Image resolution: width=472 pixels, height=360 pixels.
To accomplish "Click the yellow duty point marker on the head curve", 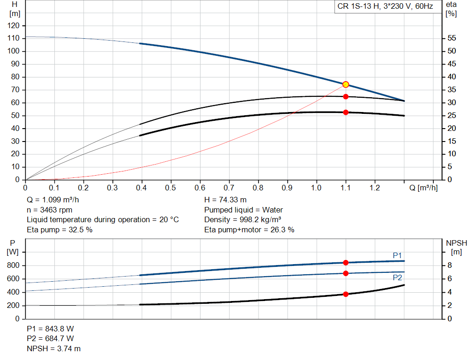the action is pos(346,84).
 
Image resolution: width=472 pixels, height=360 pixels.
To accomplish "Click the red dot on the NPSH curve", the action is pos(346,294).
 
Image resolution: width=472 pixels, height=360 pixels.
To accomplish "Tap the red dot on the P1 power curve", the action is pos(346,263).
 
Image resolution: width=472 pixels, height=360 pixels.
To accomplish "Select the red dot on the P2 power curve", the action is pos(346,273).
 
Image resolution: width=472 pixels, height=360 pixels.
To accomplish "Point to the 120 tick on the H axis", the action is pos(13,26).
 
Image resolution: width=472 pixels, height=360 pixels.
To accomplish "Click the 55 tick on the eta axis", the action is pos(452,38).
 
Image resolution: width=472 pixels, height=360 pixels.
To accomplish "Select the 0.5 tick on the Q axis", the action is pos(171,188).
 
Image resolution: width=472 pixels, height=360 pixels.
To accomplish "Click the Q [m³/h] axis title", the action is pos(424,188).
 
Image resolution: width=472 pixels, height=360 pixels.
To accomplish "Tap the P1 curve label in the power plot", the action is pos(397,255).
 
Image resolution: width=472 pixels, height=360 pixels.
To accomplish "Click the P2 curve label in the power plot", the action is pos(397,277).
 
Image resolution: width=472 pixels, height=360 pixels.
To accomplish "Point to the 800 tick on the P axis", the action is pos(13,265).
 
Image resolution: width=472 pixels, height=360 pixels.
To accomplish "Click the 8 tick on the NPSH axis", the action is pos(449,265).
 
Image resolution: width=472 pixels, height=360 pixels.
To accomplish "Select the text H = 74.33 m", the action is pos(225,200).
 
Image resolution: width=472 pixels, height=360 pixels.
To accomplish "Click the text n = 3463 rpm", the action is pos(50,210).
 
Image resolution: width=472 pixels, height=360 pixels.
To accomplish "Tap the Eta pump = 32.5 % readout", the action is pos(59,230).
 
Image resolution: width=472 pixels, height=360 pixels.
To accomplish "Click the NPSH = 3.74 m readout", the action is pos(53,348).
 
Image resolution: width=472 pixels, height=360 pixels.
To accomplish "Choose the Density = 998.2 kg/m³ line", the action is pos(242,220).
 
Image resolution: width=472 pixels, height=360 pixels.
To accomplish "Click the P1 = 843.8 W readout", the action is pos(50,329).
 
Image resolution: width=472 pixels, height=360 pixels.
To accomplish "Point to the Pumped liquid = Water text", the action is pos(243,210).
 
